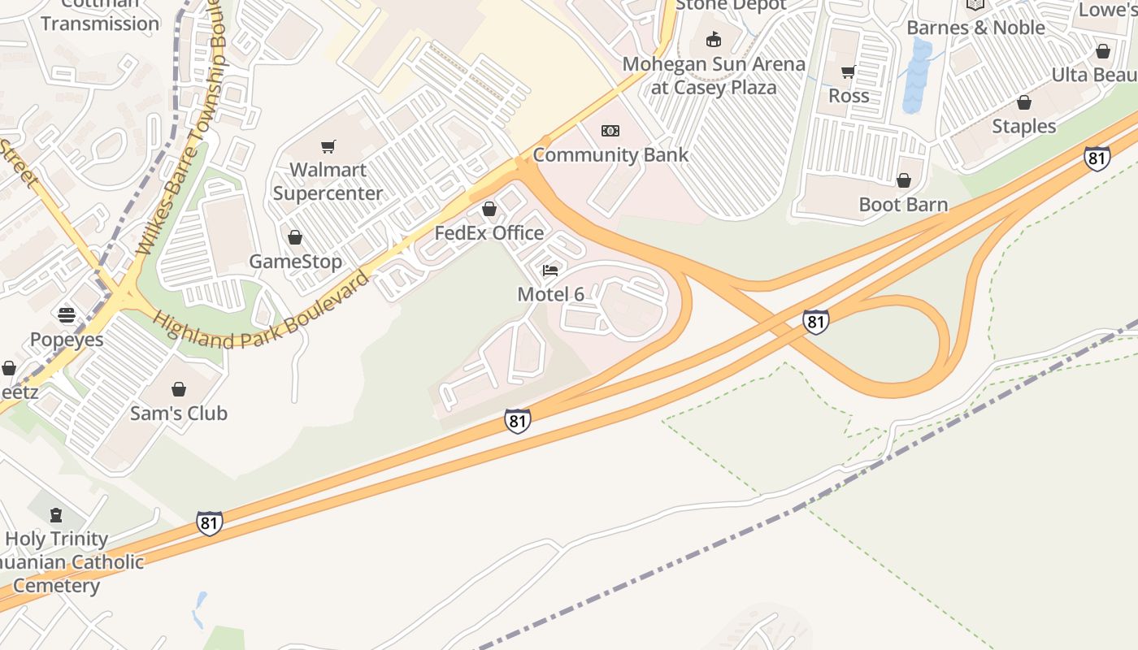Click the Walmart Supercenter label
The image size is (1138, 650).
tap(328, 181)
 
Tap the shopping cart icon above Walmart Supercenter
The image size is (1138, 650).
tap(328, 146)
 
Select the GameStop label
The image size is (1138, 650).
tap(295, 262)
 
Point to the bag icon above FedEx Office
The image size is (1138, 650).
tap(489, 210)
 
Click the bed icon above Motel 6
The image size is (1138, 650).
tap(550, 271)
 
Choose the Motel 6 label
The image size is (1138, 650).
tap(550, 294)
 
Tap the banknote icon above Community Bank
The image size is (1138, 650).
tap(610, 131)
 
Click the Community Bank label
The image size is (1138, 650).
tap(610, 154)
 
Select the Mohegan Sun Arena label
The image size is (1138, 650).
tap(714, 76)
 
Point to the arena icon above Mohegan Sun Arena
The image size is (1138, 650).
tap(714, 39)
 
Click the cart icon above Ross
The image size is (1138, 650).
tap(849, 71)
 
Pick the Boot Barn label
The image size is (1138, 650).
tap(903, 204)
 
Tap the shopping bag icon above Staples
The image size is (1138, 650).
tap(1024, 103)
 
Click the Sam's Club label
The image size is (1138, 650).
tap(179, 413)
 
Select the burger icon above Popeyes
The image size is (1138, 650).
tap(67, 315)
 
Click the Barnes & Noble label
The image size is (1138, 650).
tap(975, 28)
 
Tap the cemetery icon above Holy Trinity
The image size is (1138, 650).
tap(56, 515)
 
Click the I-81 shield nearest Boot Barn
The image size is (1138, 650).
tap(1097, 158)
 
